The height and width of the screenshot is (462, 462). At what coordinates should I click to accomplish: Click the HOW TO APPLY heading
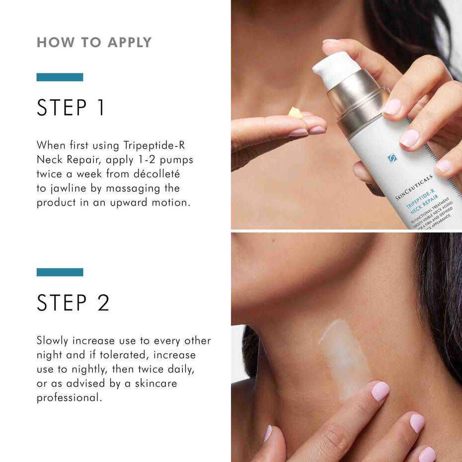point(94,43)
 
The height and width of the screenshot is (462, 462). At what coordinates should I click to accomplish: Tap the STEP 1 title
point(71,108)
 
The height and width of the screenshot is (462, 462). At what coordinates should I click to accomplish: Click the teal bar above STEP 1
point(60,77)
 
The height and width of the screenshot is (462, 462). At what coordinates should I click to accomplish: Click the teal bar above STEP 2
point(60,272)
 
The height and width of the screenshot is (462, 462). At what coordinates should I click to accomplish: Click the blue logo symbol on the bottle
point(392,158)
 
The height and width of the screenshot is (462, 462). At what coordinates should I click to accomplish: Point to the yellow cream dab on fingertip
point(296,113)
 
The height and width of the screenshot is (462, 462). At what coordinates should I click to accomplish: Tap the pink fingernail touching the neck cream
point(380,391)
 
